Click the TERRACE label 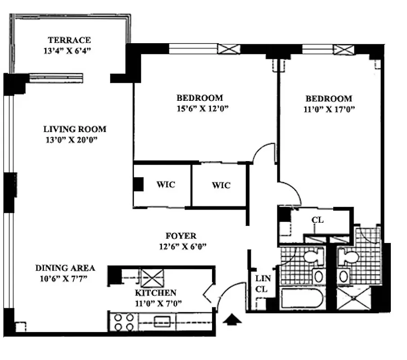pyautogui.click(x=69, y=40)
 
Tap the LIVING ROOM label pyautogui.click(x=75, y=129)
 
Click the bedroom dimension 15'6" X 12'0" pyautogui.click(x=199, y=108)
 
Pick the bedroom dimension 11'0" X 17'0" pyautogui.click(x=329, y=109)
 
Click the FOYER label pyautogui.click(x=181, y=236)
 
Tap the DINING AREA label pyautogui.click(x=65, y=268)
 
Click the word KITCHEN pyautogui.click(x=154, y=292)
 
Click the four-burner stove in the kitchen pyautogui.click(x=124, y=322)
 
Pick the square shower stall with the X pyautogui.click(x=354, y=298)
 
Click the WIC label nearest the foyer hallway pyautogui.click(x=221, y=185)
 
